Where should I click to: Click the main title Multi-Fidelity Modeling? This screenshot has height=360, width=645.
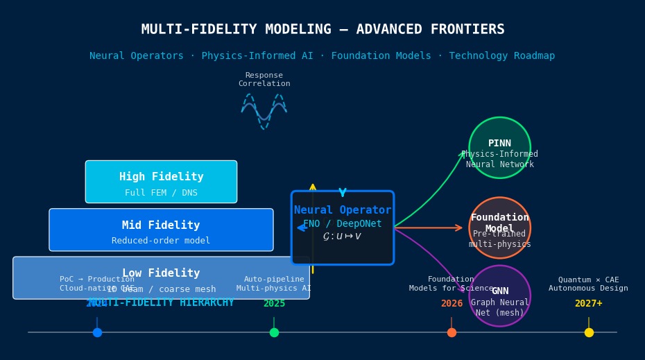click(322, 30)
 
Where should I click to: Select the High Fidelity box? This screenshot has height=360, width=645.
click(161, 182)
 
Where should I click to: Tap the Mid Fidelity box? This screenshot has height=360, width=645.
click(161, 230)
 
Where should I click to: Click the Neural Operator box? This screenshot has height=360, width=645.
click(342, 228)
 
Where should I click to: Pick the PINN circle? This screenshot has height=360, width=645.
click(499, 147)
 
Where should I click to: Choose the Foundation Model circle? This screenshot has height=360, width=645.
click(499, 228)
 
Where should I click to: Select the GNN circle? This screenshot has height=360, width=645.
click(499, 295)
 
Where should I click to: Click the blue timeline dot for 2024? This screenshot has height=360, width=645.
click(97, 332)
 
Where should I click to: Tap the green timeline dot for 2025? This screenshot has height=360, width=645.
click(274, 332)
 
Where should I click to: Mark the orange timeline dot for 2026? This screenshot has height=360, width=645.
click(452, 332)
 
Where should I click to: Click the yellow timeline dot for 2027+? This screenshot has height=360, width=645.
click(589, 332)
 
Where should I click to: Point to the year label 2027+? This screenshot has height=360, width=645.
click(588, 304)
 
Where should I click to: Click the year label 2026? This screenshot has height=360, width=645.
click(452, 304)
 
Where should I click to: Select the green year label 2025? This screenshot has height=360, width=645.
click(274, 304)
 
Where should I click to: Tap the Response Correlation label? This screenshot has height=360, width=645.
click(264, 80)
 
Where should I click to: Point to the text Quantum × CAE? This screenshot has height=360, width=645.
click(588, 280)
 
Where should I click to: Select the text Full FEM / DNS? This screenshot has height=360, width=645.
click(161, 193)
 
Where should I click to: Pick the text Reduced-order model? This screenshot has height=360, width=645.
click(161, 241)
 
